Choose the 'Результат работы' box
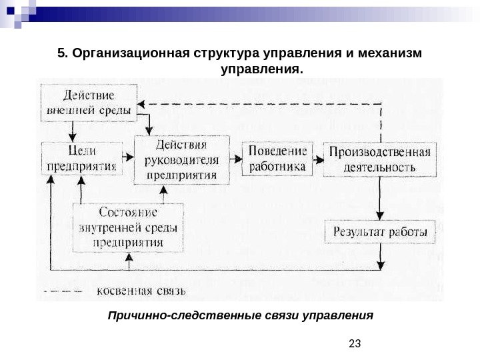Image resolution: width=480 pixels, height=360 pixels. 380,233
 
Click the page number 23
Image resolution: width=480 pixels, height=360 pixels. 355,343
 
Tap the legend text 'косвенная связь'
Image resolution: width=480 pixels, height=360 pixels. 142,291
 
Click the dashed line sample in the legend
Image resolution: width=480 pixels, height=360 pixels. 63,291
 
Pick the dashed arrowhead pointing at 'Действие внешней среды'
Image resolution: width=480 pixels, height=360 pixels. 144,104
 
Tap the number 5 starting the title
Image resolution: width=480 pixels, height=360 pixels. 61,53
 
